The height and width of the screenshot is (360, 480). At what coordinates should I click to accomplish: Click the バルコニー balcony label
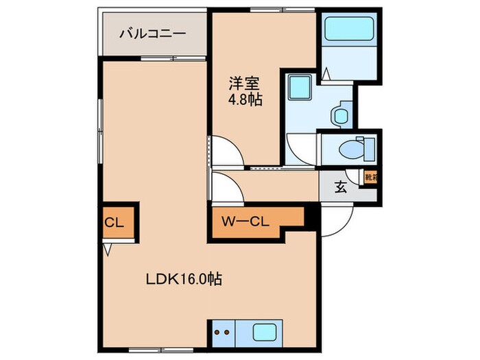152,32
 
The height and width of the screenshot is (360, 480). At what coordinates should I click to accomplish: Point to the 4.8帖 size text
245,100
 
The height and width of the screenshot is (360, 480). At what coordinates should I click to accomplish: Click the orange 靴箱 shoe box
370,178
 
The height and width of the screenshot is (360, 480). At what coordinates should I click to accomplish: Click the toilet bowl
356,147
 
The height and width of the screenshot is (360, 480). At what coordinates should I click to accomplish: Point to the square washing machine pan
299,88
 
